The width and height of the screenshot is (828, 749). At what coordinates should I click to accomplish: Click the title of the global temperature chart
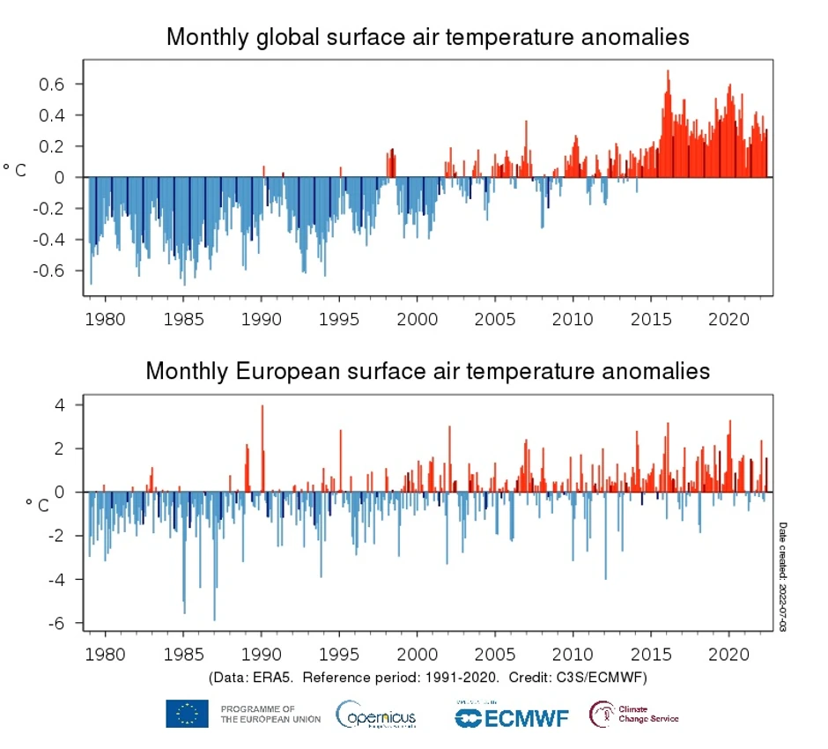(427, 37)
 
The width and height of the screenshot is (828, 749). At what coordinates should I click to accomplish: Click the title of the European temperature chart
(427, 370)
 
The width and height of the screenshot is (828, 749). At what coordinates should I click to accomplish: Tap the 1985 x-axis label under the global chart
(183, 318)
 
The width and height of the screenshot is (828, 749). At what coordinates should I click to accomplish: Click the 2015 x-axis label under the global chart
(651, 318)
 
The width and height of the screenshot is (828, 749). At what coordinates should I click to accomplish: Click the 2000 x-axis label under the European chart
(417, 656)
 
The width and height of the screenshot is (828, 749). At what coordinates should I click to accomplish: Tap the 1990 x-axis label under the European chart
(261, 656)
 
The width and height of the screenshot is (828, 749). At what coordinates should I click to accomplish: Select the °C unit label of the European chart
(37, 505)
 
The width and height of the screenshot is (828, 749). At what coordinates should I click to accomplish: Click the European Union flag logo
(187, 714)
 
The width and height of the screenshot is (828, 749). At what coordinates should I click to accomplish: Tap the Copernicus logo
(376, 715)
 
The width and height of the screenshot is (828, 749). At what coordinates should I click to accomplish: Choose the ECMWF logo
(512, 716)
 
